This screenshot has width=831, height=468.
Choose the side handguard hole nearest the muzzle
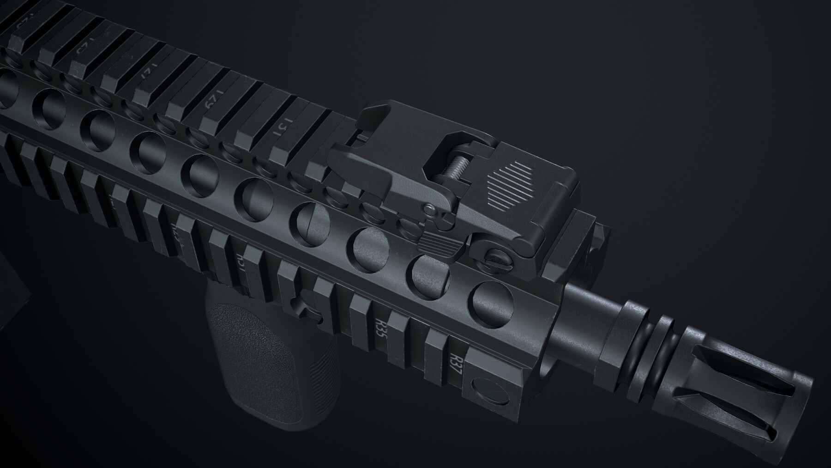(493, 298)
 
